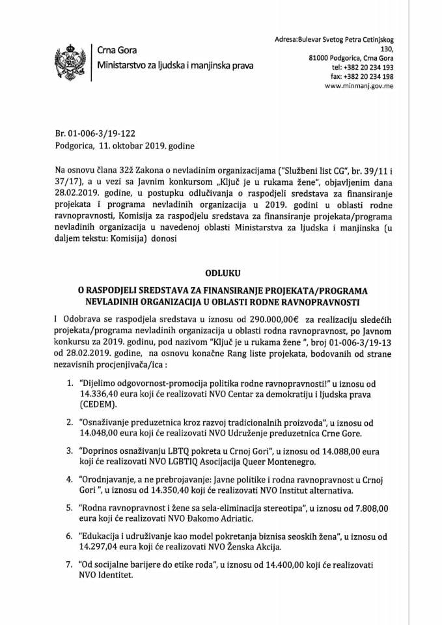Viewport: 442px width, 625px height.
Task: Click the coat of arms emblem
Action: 67,59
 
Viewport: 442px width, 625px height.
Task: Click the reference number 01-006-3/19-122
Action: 104,133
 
